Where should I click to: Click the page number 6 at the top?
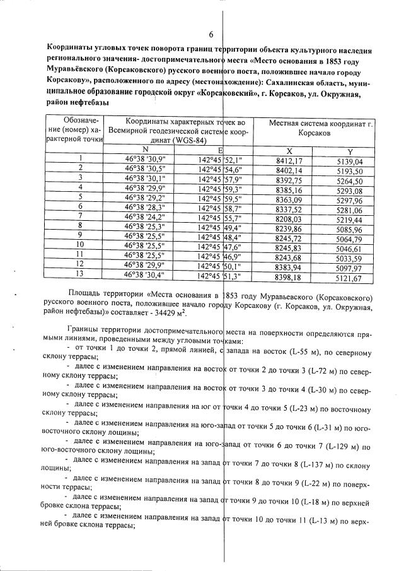pyautogui.click(x=211, y=35)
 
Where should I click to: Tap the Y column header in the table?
pyautogui.click(x=350, y=151)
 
